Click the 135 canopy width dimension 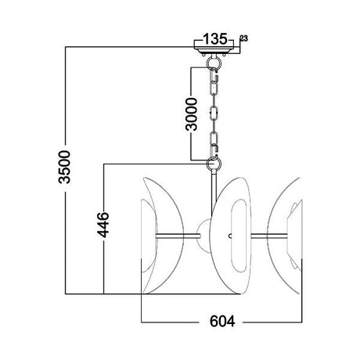click(x=215, y=39)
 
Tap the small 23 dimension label click(x=244, y=38)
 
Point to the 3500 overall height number click(x=65, y=167)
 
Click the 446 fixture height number click(x=103, y=225)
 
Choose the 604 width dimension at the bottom click(x=222, y=321)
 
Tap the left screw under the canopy click(x=203, y=55)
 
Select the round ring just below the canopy click(x=214, y=63)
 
